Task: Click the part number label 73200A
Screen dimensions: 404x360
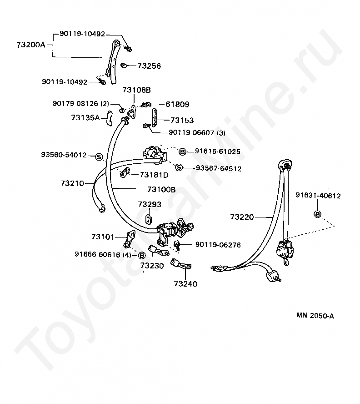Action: [x=31, y=45]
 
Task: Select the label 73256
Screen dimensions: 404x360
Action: [x=149, y=66]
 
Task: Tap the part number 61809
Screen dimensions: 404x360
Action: [x=165, y=104]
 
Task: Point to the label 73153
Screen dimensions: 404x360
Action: [x=182, y=121]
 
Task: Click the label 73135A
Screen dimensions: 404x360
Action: [x=85, y=117]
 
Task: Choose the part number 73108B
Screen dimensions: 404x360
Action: [x=136, y=90]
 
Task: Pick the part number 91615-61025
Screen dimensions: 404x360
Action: [x=218, y=151]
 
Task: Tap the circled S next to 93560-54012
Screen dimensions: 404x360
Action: [x=99, y=157]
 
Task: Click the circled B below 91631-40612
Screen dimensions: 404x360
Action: [x=318, y=214]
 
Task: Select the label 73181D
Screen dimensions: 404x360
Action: [x=154, y=175]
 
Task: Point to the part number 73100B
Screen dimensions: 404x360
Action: [x=161, y=189]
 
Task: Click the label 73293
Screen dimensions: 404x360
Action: [x=150, y=204]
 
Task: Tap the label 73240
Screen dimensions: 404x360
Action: [x=185, y=284]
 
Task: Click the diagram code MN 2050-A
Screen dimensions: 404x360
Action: [x=315, y=316]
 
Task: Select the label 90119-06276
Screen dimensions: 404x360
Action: [x=218, y=245]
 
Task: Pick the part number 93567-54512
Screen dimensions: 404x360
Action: [x=218, y=168]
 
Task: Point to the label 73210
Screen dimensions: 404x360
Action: [x=72, y=183]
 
